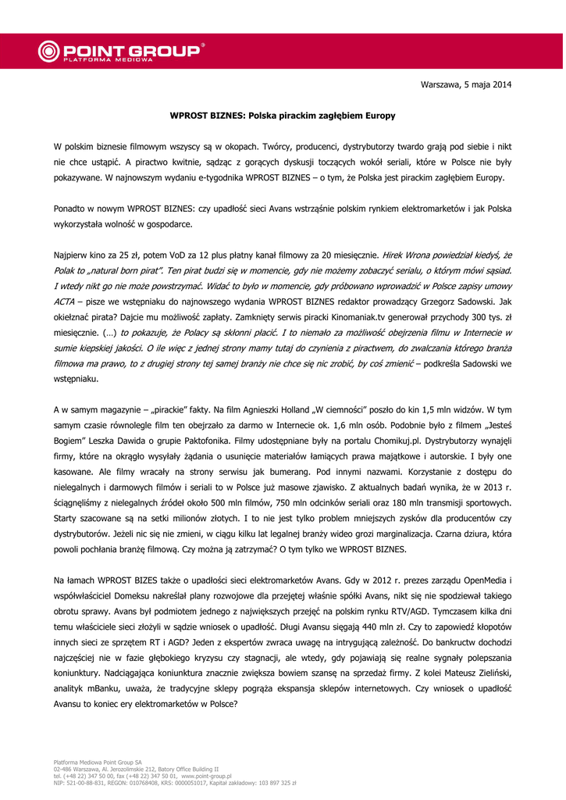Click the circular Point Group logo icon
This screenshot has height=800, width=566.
(x=48, y=52)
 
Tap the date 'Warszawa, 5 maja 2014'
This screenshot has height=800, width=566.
(x=466, y=84)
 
